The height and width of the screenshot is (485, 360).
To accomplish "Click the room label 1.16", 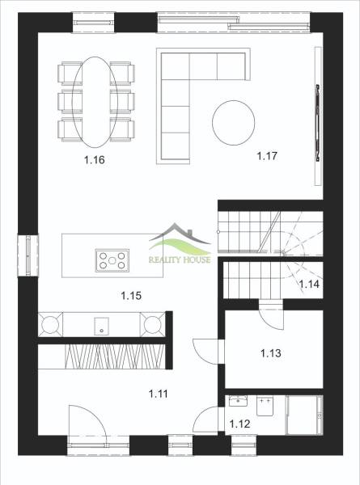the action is click(x=95, y=160).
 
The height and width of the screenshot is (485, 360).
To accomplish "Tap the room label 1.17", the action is click(x=267, y=156).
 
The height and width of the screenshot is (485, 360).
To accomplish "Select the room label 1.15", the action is click(x=131, y=296).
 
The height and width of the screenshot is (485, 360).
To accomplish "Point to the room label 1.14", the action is click(x=309, y=284).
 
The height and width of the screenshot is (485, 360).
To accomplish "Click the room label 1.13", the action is click(x=271, y=353).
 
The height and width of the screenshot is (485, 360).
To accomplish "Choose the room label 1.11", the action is click(x=159, y=394).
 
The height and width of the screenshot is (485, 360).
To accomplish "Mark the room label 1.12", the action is click(x=240, y=424).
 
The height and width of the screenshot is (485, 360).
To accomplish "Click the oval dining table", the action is click(x=95, y=102).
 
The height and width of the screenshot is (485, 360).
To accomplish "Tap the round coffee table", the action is click(x=234, y=123).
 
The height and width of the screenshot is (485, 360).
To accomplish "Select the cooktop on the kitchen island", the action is click(x=112, y=260).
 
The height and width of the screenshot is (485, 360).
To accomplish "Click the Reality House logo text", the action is click(x=180, y=259).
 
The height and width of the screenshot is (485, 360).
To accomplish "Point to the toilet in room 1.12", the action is click(x=265, y=407).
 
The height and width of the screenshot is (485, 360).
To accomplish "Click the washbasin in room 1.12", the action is click(x=238, y=401).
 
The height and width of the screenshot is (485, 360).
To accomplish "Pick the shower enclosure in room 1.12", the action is click(x=304, y=415).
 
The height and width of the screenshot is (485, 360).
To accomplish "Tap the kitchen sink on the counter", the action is click(x=101, y=326).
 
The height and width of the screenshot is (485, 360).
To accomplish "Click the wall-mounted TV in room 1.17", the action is click(x=318, y=122).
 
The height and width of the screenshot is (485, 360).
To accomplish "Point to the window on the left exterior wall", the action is click(x=28, y=255).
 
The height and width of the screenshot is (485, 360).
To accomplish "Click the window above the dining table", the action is click(x=94, y=23).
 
